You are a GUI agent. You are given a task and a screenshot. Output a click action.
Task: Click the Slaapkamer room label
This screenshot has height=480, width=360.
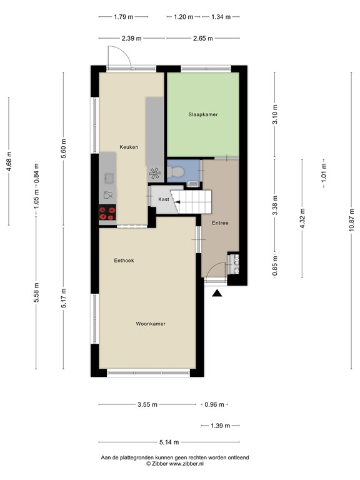click(203, 114)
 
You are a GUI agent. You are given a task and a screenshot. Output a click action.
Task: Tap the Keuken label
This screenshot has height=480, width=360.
click(129, 147)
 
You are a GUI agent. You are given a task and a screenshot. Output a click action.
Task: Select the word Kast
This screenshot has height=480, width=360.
click(164, 199)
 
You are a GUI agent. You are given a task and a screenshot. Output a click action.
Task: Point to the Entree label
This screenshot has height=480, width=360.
click(220, 222)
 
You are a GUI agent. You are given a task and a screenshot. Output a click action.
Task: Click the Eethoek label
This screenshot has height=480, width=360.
click(124, 260)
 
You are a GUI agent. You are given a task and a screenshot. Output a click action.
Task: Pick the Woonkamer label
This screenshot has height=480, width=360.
click(151, 324)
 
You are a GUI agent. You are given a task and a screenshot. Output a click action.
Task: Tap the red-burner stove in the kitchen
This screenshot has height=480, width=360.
click(107, 213)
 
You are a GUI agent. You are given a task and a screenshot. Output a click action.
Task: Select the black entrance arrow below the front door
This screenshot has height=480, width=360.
click(217, 292)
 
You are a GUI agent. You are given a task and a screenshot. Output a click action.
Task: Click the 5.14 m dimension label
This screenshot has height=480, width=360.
click(166, 442)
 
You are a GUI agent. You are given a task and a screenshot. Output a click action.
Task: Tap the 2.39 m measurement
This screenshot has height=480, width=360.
click(131, 38)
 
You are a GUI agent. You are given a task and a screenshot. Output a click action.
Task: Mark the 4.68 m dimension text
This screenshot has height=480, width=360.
click(8, 161)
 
